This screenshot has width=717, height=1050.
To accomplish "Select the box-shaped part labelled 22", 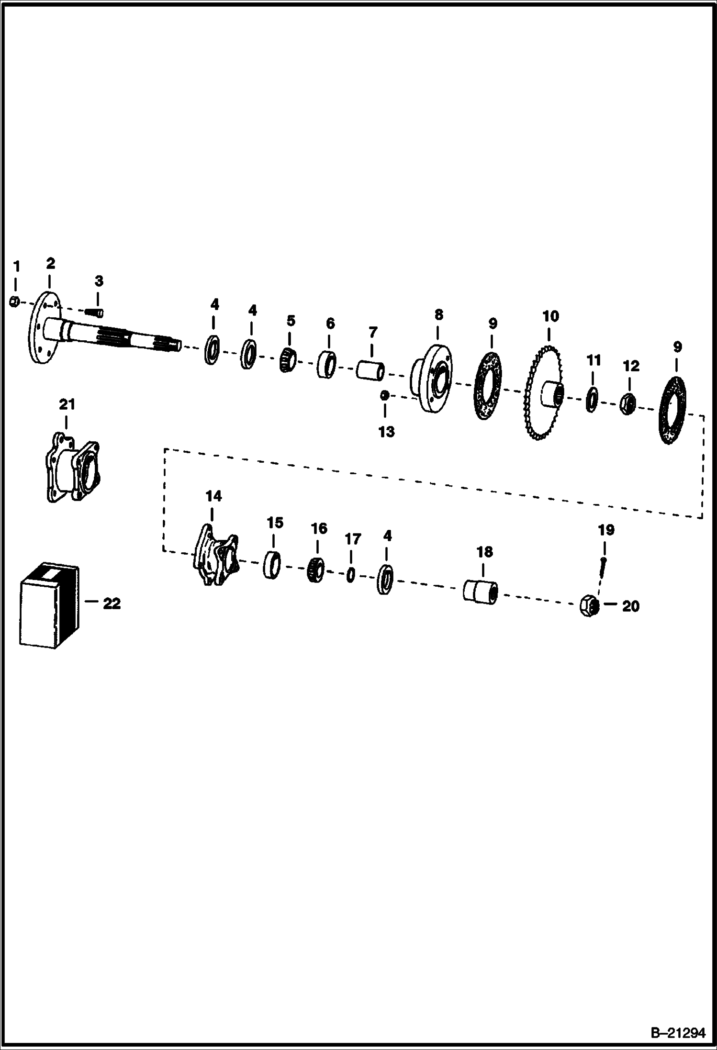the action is (x=49, y=605).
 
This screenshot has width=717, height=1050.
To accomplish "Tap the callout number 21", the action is (x=67, y=405).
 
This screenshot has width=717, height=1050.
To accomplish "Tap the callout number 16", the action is (x=319, y=528).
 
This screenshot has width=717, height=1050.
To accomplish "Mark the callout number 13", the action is (x=386, y=432).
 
